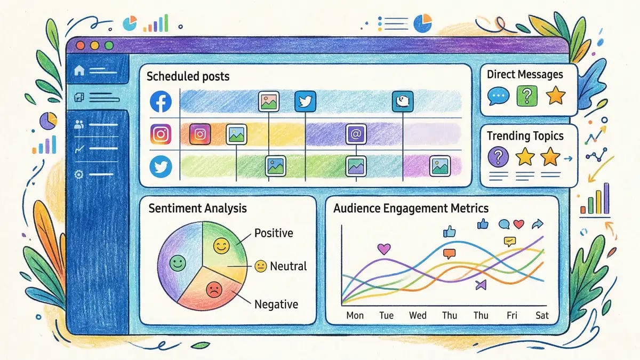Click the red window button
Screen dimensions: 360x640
[82, 46]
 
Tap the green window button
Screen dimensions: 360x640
[109, 46]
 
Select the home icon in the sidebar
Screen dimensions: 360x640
[80, 70]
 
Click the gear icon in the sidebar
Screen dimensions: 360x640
[80, 174]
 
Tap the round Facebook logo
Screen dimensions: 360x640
[161, 101]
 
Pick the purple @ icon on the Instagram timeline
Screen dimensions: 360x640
[355, 133]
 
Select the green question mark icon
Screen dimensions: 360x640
[527, 96]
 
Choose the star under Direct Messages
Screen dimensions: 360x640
[556, 96]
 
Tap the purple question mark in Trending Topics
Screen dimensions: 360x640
[498, 157]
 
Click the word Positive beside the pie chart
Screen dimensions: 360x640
[274, 234]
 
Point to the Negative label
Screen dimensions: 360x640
[276, 305]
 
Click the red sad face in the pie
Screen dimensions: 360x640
[213, 289]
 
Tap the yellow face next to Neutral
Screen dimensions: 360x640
[260, 266]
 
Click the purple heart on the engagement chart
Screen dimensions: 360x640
[384, 248]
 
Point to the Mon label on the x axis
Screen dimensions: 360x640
[355, 315]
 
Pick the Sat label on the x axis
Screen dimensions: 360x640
[542, 315]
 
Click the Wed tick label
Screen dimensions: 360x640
[418, 315]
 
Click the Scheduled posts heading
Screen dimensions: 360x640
[188, 76]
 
